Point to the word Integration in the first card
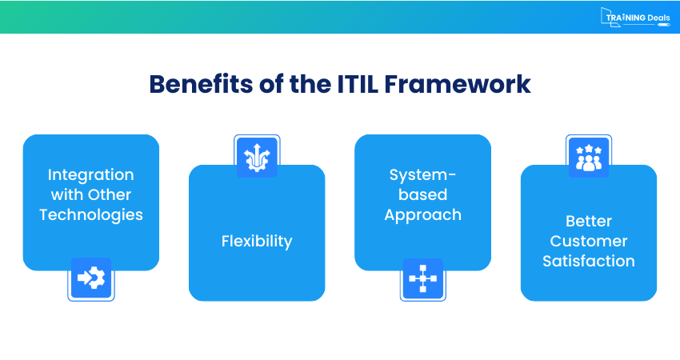pos(90,174)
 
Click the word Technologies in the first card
pos(90,214)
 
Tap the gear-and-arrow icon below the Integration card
pos(90,278)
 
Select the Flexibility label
pos(257,241)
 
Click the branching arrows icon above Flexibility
pos(257,157)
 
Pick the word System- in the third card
pos(422,174)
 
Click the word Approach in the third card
pos(422,214)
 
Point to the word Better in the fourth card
pos(588,221)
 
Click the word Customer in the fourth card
pos(588,241)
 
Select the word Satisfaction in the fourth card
pos(588,261)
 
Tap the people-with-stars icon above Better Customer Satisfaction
pos(588,157)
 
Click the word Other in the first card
pos(110,194)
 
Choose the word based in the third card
pos(422,194)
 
